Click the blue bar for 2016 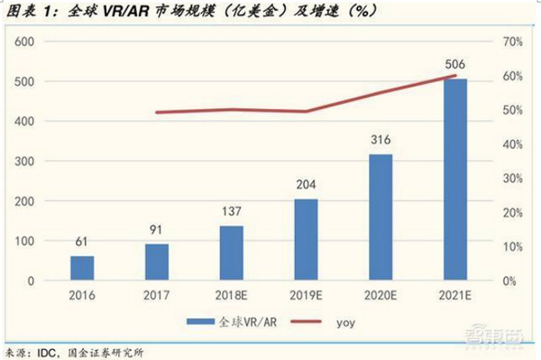click(x=82, y=268)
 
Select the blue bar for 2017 click(x=157, y=262)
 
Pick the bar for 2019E click(x=306, y=239)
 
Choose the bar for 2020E click(x=381, y=217)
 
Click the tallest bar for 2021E click(x=455, y=180)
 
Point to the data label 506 click(x=455, y=65)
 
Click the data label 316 click(x=381, y=141)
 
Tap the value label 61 click(x=82, y=242)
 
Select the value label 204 click(x=307, y=185)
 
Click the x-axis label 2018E click(x=232, y=296)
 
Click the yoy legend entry click(x=339, y=321)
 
